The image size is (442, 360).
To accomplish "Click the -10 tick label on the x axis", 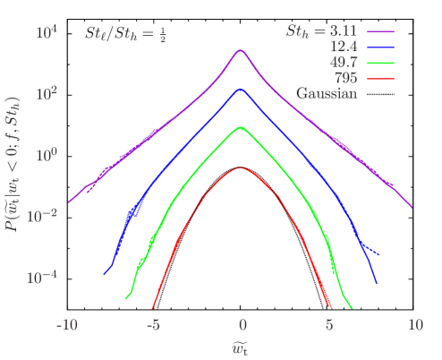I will tap(67, 323).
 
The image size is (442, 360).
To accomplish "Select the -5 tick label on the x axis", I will tap(153, 323).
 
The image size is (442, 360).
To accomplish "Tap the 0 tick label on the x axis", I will tap(242, 323).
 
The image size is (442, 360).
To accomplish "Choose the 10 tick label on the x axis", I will tap(416, 323).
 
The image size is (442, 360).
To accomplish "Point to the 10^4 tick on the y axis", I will tap(47, 33).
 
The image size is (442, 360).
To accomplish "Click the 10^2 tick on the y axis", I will tap(47, 93).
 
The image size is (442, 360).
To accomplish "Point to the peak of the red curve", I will tap(241, 167).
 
